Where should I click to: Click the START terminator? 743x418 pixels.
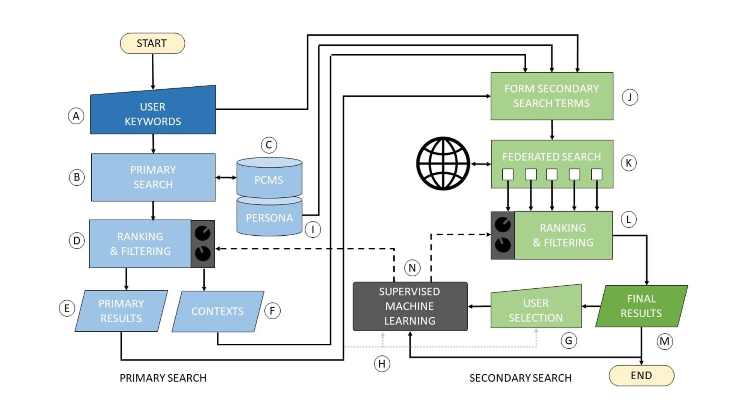tap(152, 43)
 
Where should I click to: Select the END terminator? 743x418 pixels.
tap(641, 375)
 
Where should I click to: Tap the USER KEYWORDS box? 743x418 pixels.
tap(153, 114)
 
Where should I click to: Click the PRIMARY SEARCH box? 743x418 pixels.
tap(153, 177)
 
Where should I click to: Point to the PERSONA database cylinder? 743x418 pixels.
tap(269, 218)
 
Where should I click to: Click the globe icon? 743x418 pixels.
tap(443, 163)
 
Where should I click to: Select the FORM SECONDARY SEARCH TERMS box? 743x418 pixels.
tap(551, 96)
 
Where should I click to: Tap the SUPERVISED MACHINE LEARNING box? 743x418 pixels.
tap(410, 306)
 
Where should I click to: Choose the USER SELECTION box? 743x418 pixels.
tap(536, 310)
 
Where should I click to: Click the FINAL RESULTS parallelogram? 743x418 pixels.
tap(641, 306)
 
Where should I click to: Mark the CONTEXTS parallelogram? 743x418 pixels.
tap(217, 311)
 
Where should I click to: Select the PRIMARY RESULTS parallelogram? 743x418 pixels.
tap(121, 311)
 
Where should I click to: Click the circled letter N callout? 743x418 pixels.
tap(412, 268)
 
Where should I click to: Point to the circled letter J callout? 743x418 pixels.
tap(630, 97)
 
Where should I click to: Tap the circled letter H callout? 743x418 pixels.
tap(382, 364)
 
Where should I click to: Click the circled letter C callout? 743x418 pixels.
tap(269, 145)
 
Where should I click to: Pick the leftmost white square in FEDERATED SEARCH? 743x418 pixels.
tap(508, 175)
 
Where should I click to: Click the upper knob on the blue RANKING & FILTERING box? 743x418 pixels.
tap(202, 233)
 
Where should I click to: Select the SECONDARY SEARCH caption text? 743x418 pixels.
tap(520, 378)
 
